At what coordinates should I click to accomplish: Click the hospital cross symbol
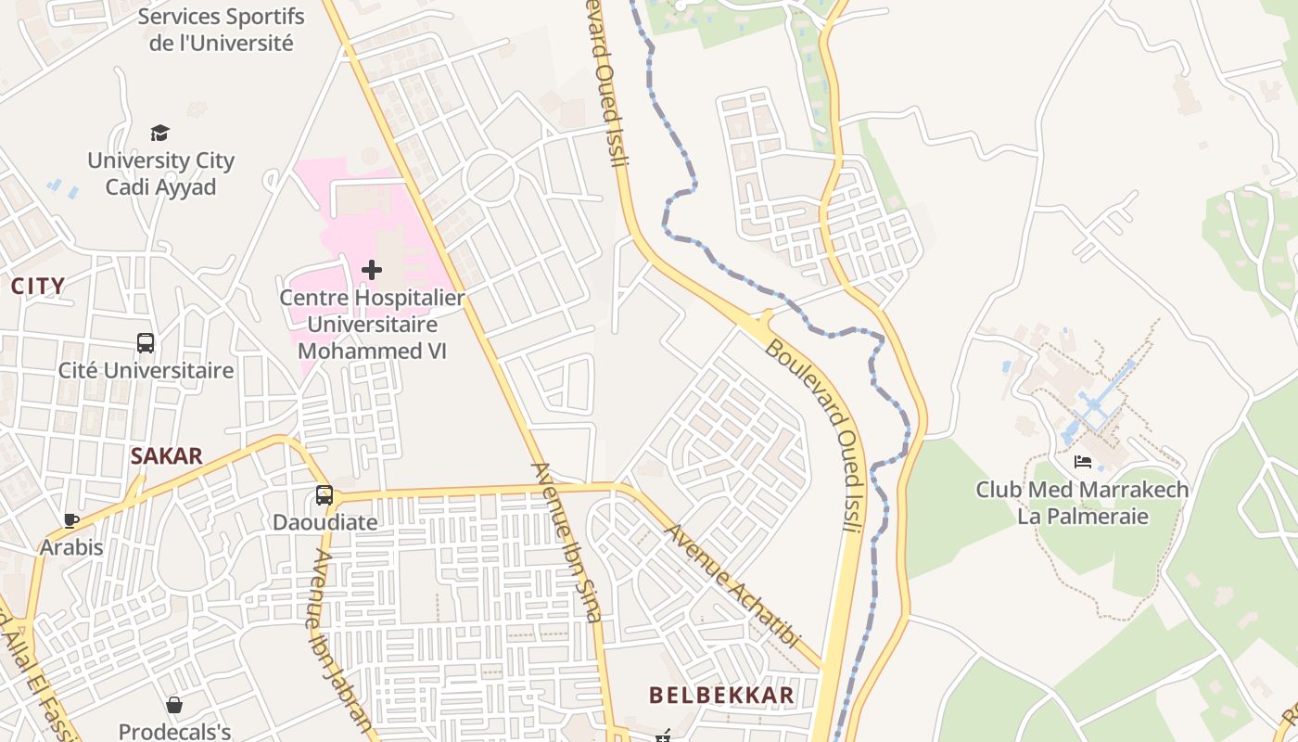point(372,270)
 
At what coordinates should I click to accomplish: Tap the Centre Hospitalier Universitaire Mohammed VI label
point(372,325)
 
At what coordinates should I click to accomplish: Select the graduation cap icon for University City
point(160,134)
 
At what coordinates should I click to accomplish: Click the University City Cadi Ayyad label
point(160,173)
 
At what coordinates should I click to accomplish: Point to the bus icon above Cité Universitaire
point(146,343)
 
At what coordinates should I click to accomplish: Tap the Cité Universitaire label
point(146,371)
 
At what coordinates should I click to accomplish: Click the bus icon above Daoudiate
point(324,495)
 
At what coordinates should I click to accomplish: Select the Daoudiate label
point(324,522)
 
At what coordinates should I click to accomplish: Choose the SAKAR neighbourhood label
point(167,456)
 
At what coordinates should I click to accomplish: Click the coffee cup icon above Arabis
point(70,520)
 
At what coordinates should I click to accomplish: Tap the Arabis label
point(71,547)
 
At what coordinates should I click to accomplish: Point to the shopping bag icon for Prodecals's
point(174,705)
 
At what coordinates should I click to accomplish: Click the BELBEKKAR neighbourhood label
point(721,695)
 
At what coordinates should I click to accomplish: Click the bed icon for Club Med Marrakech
point(1082,462)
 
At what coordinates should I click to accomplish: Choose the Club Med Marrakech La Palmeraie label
point(1082,502)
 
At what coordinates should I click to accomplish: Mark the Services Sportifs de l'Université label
point(221,30)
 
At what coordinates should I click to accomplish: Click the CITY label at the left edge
point(38,287)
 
